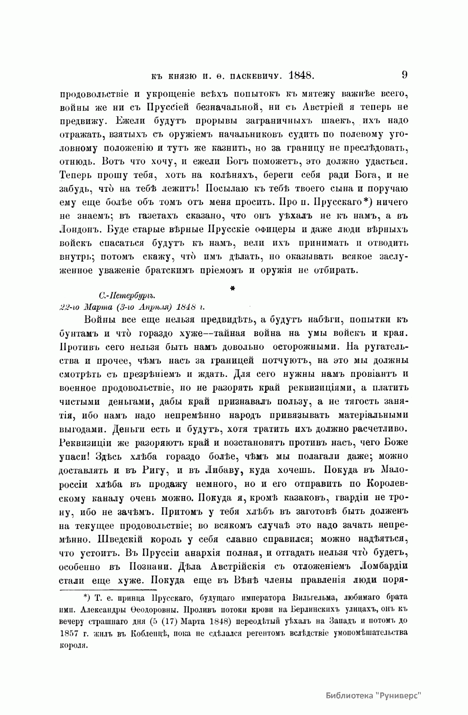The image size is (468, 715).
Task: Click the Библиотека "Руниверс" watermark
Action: (x=373, y=696)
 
